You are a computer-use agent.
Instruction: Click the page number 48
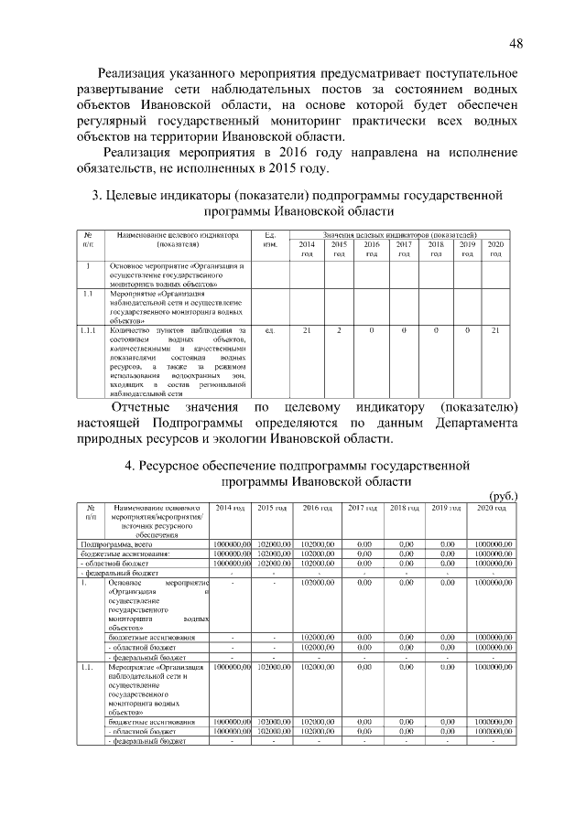(515, 44)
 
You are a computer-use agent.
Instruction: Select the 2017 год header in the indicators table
(403, 249)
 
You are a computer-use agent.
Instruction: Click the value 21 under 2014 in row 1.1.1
(307, 329)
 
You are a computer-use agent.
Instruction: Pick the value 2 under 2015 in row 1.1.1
(339, 329)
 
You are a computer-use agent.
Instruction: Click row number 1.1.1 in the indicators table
(88, 329)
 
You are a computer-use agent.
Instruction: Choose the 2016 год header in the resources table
(317, 508)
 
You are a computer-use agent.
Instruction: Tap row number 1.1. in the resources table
(88, 668)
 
